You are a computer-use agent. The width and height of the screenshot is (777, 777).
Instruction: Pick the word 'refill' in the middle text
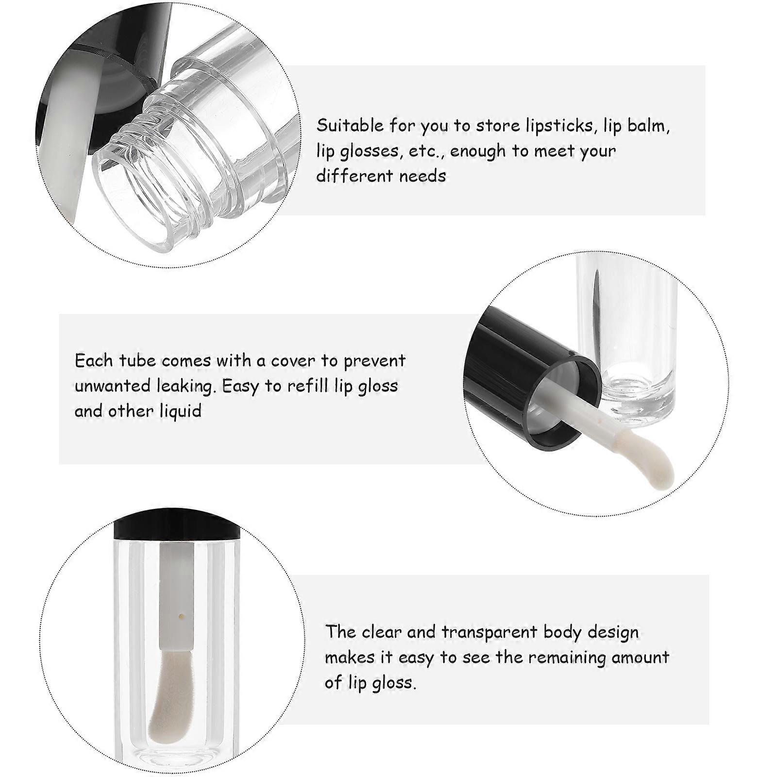[x=308, y=386]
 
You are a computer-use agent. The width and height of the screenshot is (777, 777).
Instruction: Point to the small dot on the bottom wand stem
[x=181, y=616]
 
